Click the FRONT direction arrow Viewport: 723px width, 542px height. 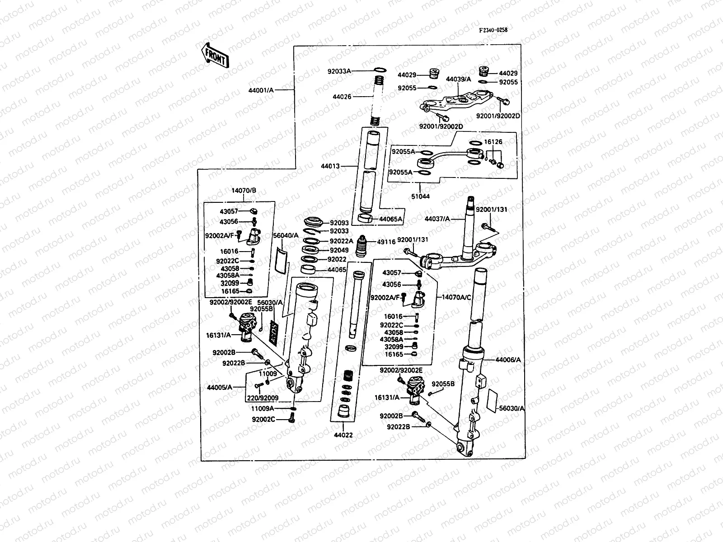215,55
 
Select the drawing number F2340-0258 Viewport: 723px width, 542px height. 493,30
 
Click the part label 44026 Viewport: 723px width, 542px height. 342,97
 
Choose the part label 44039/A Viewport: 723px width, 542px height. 459,79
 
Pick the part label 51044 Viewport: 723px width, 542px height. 419,196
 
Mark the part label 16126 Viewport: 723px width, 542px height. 493,142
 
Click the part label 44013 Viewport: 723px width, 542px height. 330,166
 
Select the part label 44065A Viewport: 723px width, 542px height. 390,219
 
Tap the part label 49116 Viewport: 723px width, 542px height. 386,242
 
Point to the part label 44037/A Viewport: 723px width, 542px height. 437,219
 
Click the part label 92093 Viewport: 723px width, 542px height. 339,223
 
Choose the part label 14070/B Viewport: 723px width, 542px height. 244,190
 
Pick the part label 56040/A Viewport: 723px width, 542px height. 286,235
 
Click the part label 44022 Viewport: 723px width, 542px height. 343,435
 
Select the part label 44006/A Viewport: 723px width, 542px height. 508,360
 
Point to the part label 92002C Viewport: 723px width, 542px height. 263,420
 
